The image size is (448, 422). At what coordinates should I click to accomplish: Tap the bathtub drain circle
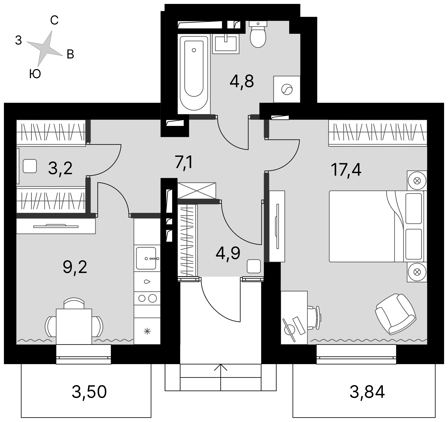(x=194, y=50)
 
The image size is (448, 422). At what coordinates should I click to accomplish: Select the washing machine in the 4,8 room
(x=287, y=89)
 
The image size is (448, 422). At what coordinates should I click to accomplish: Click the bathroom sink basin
(x=226, y=43)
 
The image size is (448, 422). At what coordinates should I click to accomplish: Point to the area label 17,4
(x=346, y=169)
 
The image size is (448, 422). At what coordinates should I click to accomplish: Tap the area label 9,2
(x=75, y=267)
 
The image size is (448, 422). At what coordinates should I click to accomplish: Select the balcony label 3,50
(x=89, y=392)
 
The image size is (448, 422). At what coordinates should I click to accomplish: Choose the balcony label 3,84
(x=367, y=392)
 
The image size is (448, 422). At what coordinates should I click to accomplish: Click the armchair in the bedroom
(x=395, y=314)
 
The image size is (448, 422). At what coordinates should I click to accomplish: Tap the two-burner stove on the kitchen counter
(x=147, y=298)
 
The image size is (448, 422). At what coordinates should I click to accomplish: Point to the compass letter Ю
(x=35, y=74)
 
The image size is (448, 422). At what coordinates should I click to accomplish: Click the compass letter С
(x=54, y=20)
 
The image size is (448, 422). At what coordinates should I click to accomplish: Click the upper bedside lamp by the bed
(x=417, y=181)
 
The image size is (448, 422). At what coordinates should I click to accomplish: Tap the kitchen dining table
(x=74, y=326)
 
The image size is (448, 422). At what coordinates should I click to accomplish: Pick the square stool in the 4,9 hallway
(x=254, y=266)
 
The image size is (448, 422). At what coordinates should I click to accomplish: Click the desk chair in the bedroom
(x=314, y=318)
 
